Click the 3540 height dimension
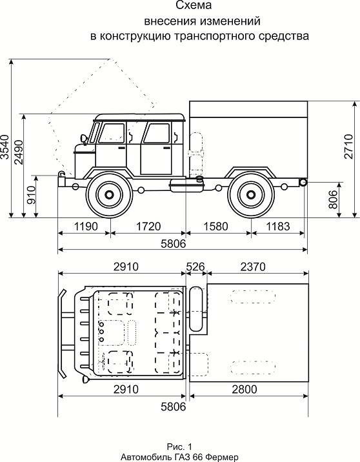[5, 146]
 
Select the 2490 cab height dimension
[19, 152]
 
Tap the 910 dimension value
[31, 195]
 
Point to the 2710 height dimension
[349, 146]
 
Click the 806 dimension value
[333, 199]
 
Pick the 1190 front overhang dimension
[85, 226]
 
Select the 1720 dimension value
[148, 226]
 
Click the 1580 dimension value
[215, 226]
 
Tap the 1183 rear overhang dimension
[278, 226]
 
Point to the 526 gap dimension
[195, 266]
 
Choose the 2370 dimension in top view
[253, 266]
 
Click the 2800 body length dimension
[245, 389]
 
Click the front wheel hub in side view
[109, 195]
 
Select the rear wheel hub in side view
[250, 195]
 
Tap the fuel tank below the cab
[187, 185]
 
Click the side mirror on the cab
[83, 139]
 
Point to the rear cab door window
[156, 133]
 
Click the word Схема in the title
[194, 5]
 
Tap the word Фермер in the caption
[222, 457]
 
